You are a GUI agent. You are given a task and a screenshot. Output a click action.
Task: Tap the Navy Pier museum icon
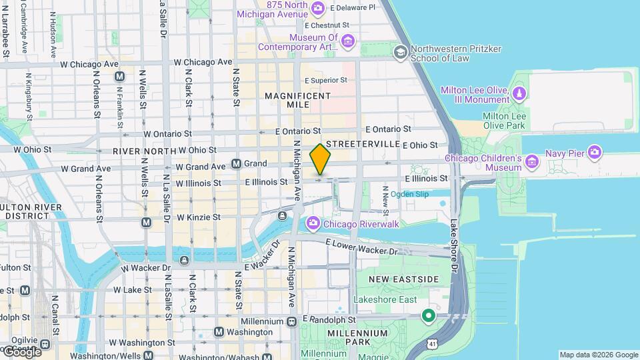[592, 153]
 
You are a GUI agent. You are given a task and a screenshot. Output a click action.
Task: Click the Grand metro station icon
[236, 163]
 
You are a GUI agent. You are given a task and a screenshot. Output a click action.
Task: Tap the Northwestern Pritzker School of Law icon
[400, 53]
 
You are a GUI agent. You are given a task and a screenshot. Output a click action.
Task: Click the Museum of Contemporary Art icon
[347, 42]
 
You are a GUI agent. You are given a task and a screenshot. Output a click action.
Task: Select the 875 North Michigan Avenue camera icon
[318, 9]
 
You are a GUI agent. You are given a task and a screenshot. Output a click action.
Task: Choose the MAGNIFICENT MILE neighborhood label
[297, 101]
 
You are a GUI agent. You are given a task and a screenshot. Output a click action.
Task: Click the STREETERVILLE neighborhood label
[362, 144]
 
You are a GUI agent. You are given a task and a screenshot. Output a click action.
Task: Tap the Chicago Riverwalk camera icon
[312, 223]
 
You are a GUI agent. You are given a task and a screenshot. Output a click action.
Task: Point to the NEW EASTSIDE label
[403, 279]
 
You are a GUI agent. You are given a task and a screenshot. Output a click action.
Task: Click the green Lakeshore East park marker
[428, 315]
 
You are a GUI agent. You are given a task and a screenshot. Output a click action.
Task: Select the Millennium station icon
[291, 321]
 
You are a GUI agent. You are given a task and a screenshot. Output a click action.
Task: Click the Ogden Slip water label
[409, 194]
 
